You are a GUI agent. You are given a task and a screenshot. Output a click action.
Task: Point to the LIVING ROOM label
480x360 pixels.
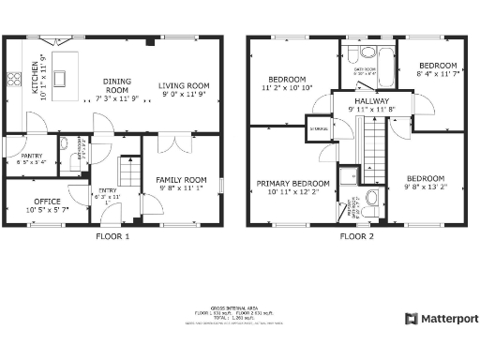pos(183,89)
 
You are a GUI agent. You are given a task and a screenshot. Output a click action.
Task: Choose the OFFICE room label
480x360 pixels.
pos(46,204)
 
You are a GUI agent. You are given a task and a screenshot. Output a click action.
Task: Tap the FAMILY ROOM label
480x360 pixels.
pos(182,184)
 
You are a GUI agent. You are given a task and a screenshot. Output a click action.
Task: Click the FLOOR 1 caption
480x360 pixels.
pos(113,237)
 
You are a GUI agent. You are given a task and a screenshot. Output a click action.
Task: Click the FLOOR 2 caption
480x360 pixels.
pos(357,237)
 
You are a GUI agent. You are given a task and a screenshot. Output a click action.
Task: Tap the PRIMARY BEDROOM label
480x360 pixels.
pos(294,187)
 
